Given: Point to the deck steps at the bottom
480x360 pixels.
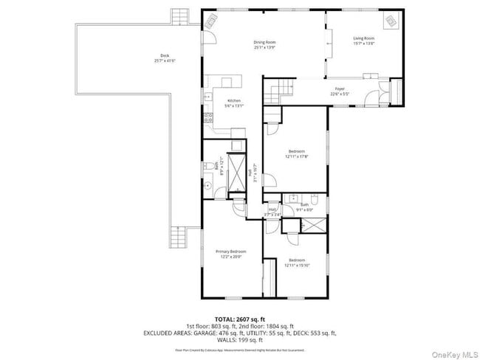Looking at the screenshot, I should click(179, 237).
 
